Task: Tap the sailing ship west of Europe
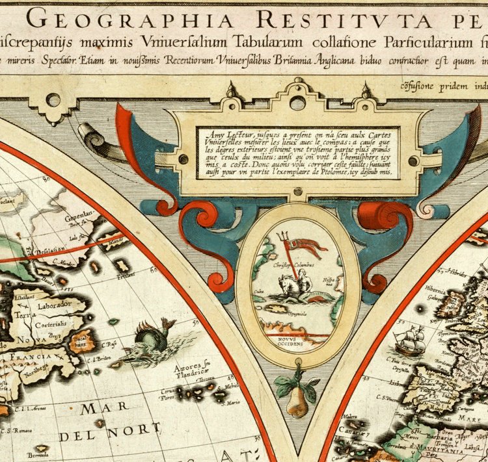coord(410,340)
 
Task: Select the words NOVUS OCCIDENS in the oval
coord(297,342)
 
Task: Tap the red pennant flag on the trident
coord(308,245)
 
